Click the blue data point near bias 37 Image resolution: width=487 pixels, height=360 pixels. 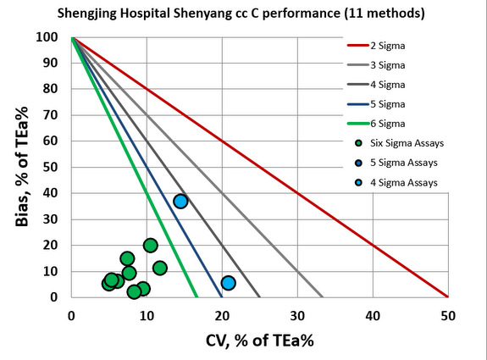180,202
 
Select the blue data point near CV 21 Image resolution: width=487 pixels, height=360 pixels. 228,283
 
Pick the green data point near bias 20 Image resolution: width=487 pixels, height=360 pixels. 151,246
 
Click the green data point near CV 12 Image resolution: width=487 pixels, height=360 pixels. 160,269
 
